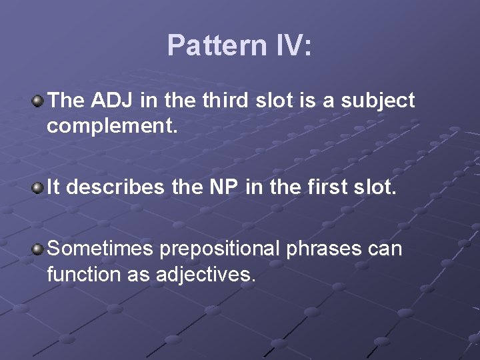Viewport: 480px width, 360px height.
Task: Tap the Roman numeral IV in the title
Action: (x=288, y=46)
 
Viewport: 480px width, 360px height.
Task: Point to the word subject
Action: (x=377, y=101)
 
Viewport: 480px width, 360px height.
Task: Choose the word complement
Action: (x=111, y=126)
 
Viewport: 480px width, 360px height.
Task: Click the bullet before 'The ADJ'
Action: (x=39, y=101)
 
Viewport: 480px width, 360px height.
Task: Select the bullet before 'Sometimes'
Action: (x=39, y=249)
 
